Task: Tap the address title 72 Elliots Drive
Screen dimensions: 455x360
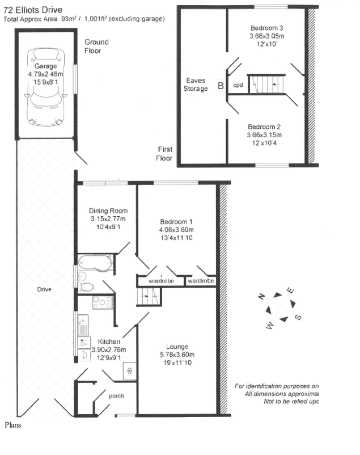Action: click(x=32, y=10)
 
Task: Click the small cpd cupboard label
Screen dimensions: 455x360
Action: click(x=238, y=86)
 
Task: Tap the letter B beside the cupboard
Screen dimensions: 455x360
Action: click(x=220, y=87)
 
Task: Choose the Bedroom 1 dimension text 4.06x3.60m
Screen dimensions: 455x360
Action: click(x=176, y=230)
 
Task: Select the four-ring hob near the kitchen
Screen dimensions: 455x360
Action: click(x=101, y=303)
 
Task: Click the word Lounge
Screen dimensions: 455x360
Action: click(x=177, y=346)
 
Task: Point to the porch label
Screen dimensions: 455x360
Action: click(x=116, y=396)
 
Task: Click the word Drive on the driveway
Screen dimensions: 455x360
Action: click(x=44, y=289)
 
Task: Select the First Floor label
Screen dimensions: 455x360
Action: click(x=164, y=154)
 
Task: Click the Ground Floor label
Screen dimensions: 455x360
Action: click(x=96, y=46)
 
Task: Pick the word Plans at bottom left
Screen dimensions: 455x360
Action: click(x=12, y=424)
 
